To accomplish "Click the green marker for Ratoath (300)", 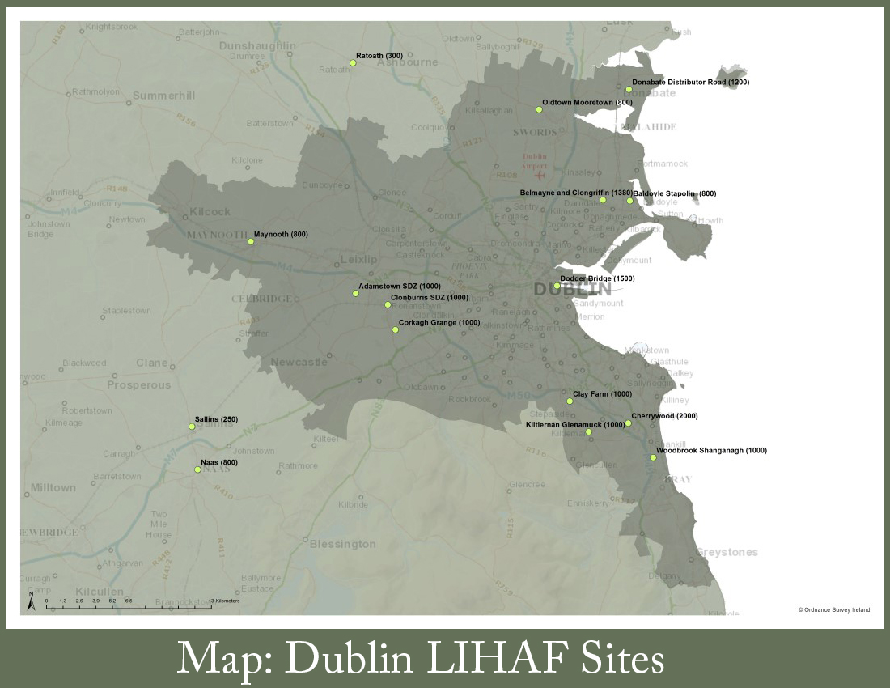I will pos(353,62).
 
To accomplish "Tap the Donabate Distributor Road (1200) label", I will pos(690,83).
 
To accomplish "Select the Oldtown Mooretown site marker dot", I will pos(538,109).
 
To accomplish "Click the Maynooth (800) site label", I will pos(281,234).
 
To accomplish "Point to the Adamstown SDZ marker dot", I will pos(355,293).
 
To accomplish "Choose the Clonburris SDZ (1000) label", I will pos(430,297).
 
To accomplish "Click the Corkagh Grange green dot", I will pos(395,329).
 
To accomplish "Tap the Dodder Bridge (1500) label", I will pos(597,278).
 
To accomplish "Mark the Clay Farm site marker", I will pos(570,401).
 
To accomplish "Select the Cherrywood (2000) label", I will pos(664,416).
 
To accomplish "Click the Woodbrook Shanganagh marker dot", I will pos(653,457).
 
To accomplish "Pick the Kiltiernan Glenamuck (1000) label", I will pos(575,424).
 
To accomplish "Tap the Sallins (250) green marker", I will pos(192,427).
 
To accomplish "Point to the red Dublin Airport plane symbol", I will pos(540,175).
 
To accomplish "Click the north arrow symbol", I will pos(31,602).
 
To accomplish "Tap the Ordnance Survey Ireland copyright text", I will pos(833,609).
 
